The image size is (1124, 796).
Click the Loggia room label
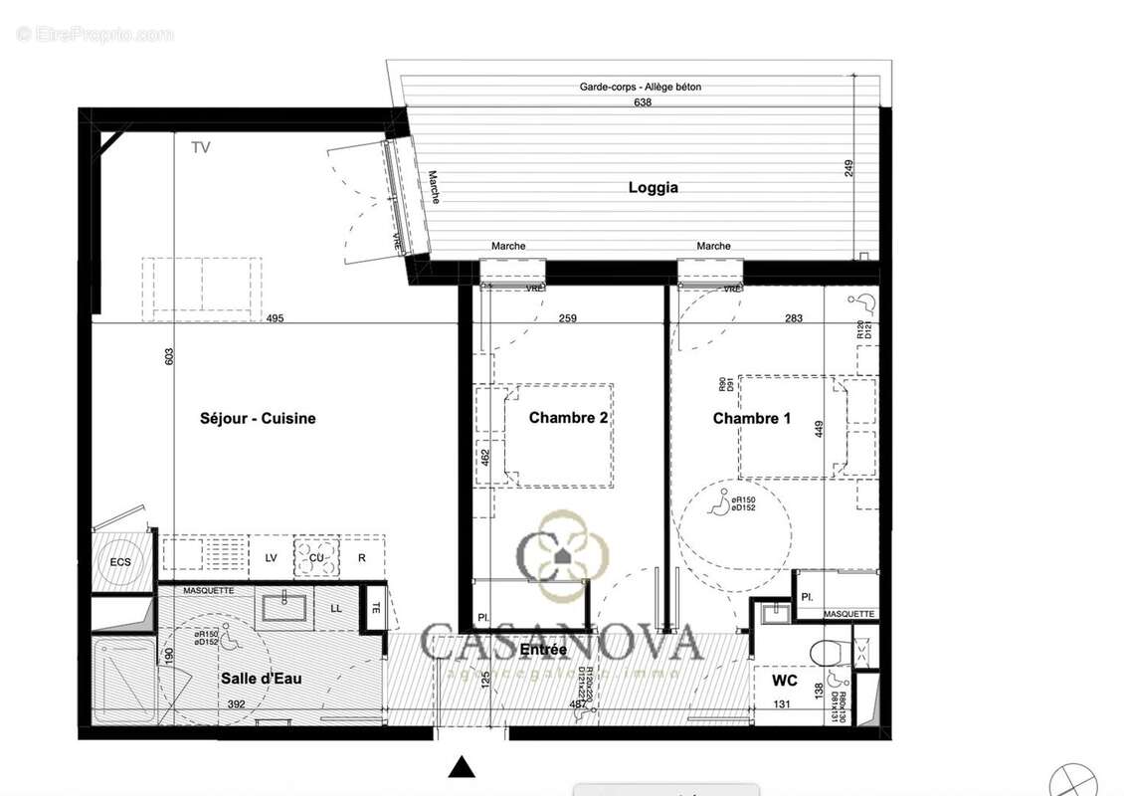tap(653, 187)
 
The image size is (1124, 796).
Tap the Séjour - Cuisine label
tap(258, 418)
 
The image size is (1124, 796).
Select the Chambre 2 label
tap(568, 418)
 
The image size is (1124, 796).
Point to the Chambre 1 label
tap(751, 418)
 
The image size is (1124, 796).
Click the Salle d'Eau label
tap(261, 679)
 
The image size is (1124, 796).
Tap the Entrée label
tap(543, 650)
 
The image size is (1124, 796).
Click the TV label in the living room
tap(201, 148)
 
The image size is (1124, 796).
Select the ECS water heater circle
tap(119, 562)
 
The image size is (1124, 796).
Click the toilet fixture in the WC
tap(826, 653)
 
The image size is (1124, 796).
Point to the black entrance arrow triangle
tap(461, 766)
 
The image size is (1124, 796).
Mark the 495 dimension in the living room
tap(276, 318)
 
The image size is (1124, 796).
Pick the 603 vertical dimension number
tap(168, 356)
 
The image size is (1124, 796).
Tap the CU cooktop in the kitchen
tap(315, 557)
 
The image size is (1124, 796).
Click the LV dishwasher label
tap(271, 558)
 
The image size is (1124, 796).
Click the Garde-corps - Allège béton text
tap(641, 87)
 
